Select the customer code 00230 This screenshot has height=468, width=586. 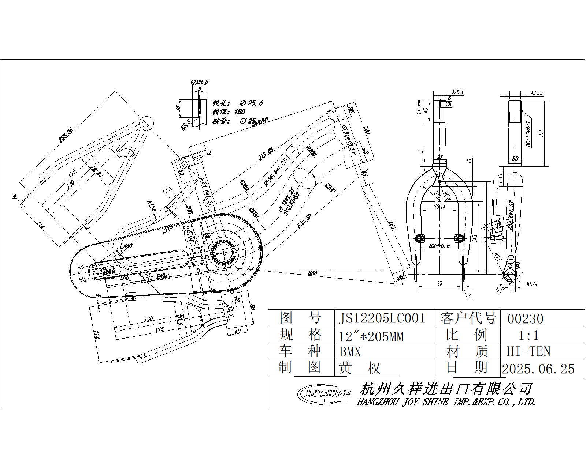pos(525,319)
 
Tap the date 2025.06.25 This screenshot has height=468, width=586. pos(538,368)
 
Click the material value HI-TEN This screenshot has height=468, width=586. pos(528,351)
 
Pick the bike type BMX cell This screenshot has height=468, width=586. pos(350,352)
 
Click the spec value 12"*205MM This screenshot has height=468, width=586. pos(371,335)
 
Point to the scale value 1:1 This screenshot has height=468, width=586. pos(529,335)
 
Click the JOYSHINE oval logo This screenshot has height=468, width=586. pos(323,393)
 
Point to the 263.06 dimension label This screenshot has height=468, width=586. pos(66,134)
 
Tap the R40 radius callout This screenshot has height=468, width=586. pos(127,246)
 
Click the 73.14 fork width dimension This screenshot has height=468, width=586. pos(439,207)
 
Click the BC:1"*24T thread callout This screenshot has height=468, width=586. pos(528,134)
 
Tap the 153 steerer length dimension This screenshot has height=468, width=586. pos(541,133)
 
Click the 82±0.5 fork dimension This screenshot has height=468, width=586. pos(439,245)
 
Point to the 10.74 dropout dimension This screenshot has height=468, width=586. pos(531,283)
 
